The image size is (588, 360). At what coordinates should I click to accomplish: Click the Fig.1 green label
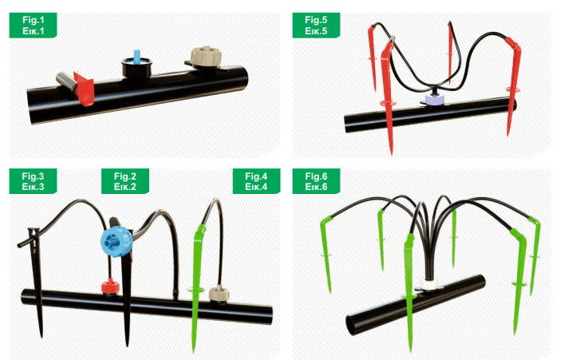[33, 26]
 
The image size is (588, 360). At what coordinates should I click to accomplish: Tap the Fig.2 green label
[125, 181]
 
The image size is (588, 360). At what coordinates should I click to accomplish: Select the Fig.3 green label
[33, 181]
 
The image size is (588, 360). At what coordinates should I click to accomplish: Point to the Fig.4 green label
[256, 181]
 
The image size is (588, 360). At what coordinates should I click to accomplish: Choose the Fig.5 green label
[316, 26]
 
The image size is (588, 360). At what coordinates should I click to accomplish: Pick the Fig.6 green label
[316, 181]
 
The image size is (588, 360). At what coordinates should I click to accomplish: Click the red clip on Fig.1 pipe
[84, 88]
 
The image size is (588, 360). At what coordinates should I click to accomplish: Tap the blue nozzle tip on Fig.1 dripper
[137, 55]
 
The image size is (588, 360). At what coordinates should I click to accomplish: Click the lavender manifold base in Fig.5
[435, 99]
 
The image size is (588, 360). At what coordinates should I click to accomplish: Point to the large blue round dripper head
[116, 241]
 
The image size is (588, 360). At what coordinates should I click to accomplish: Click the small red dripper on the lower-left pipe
[111, 287]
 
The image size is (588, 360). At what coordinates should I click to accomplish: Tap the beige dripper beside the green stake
[219, 294]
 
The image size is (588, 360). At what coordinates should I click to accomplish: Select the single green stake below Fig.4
[196, 285]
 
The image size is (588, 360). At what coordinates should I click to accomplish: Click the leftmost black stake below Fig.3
[36, 278]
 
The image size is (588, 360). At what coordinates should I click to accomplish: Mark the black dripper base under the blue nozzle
[136, 68]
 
